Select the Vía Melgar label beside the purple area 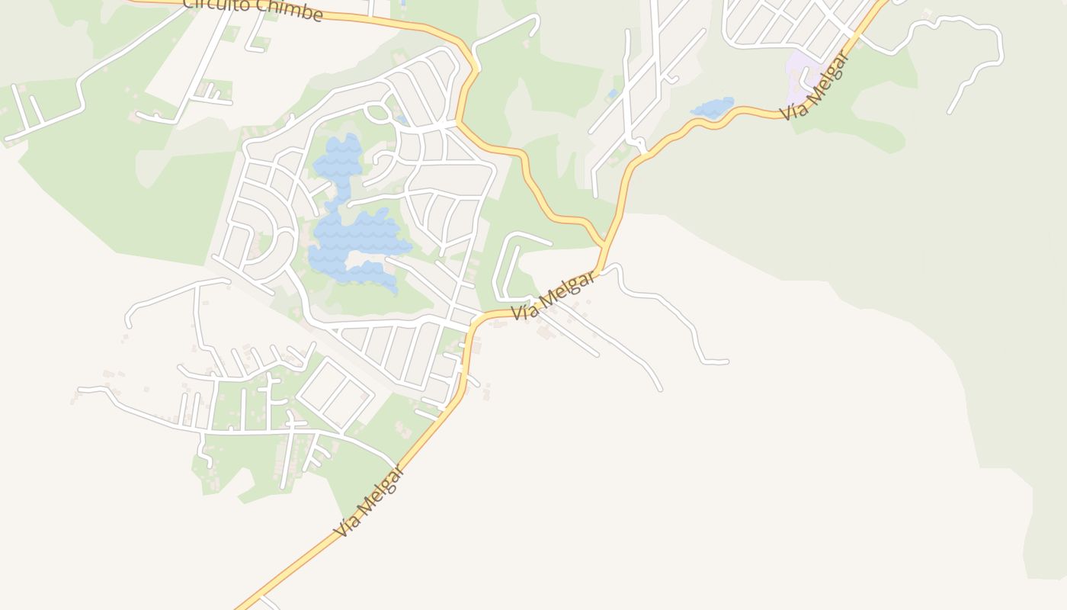(815, 85)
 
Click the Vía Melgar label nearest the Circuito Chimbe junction (554, 295)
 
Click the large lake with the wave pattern (354, 236)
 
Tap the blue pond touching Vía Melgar (713, 108)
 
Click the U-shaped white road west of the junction (509, 267)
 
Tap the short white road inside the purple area (806, 78)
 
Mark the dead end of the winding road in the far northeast (950, 112)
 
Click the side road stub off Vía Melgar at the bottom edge (268, 602)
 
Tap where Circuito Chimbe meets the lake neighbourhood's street (457, 122)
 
